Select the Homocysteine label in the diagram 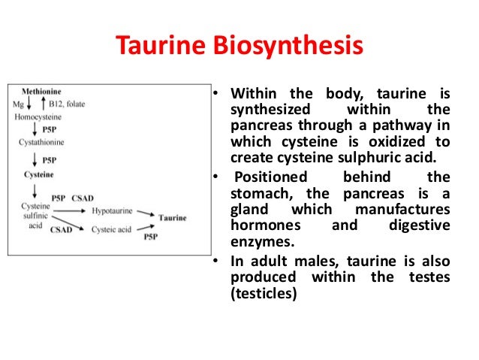click(38, 117)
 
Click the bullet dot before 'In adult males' click(216, 261)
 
